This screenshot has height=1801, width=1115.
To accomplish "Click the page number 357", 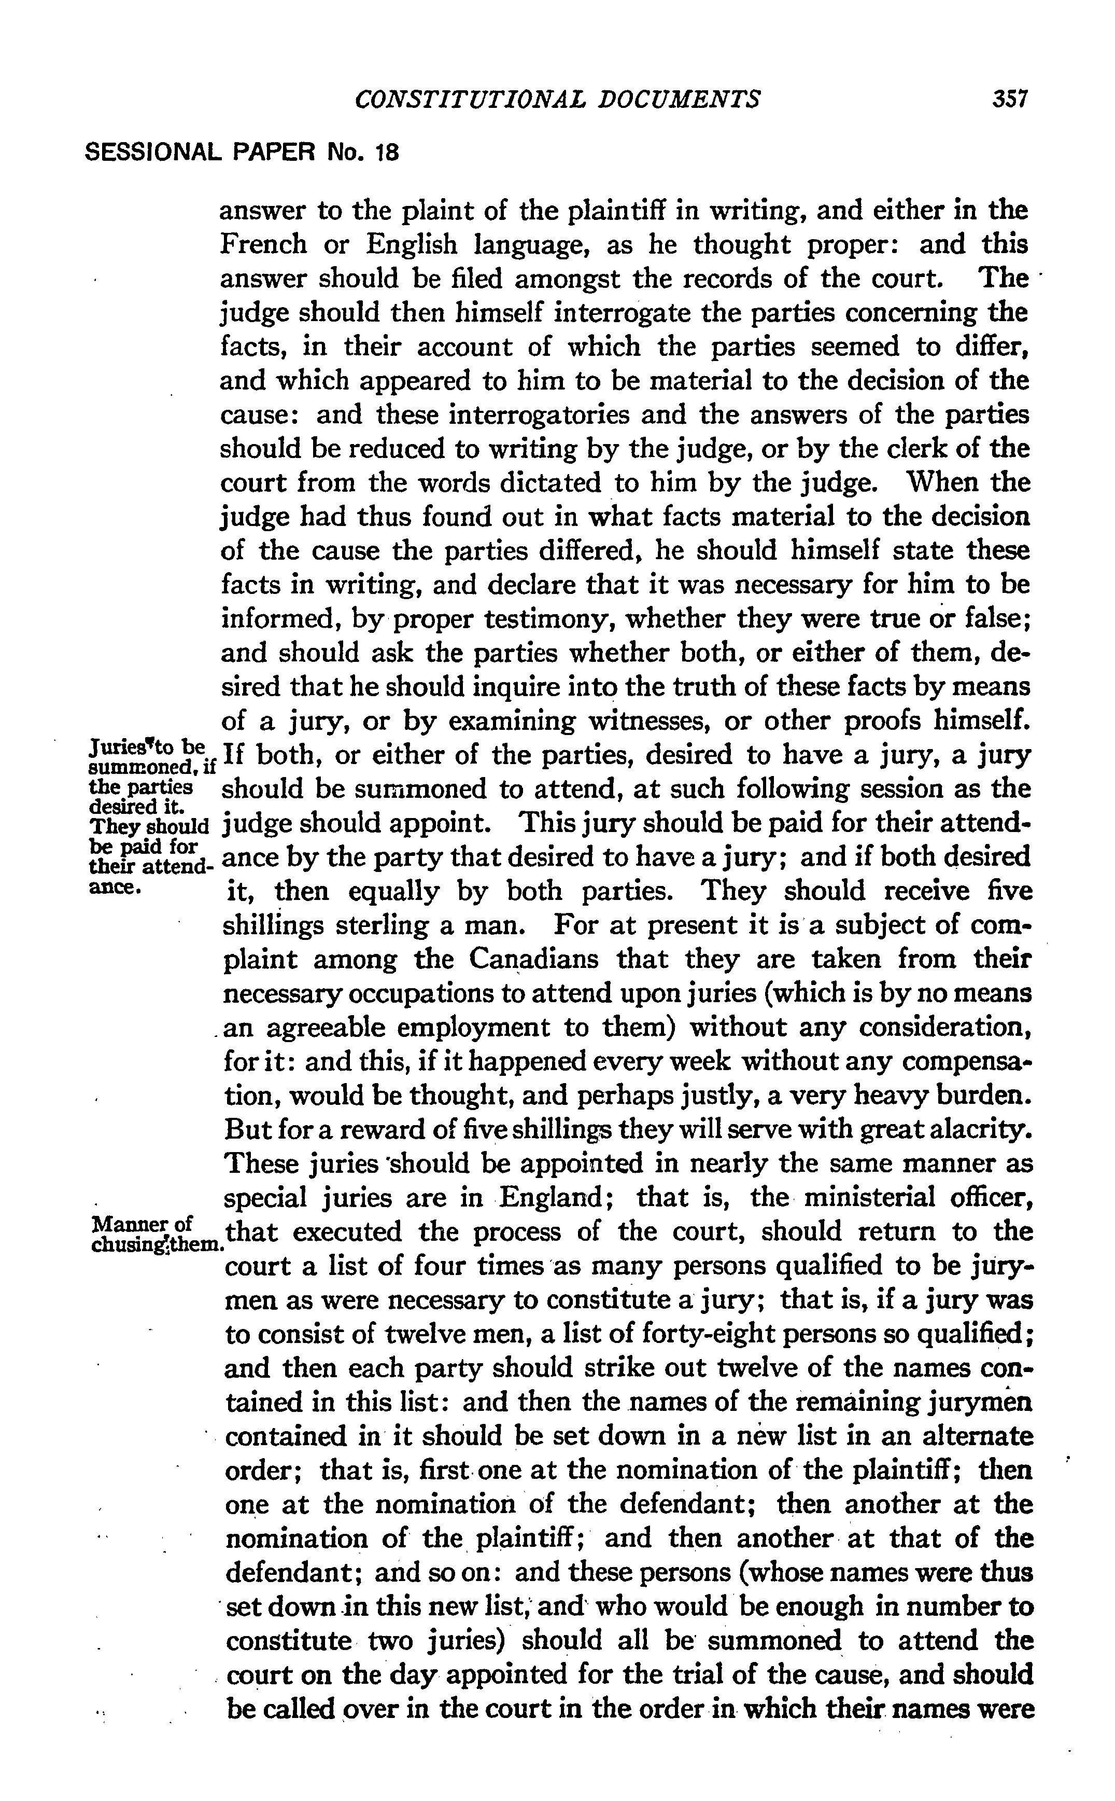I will point(1010,99).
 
